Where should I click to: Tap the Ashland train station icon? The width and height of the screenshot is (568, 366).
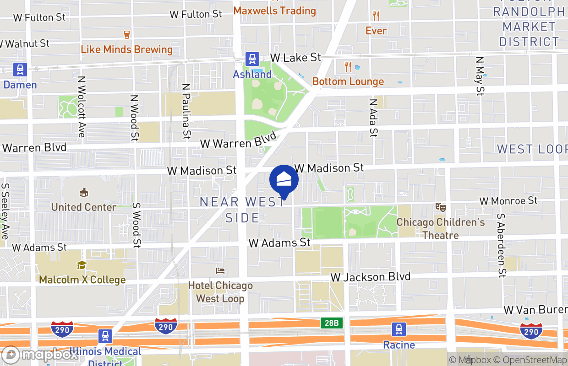coord(252,59)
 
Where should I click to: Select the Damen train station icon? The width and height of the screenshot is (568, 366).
coord(20,70)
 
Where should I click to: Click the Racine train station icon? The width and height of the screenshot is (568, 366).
coord(399,329)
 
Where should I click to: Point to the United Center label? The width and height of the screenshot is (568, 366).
coord(84,207)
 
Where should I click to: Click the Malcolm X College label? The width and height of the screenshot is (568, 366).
coord(82,280)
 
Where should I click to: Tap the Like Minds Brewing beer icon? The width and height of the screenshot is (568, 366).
coord(127,34)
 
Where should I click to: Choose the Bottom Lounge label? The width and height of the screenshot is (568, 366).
coord(348,81)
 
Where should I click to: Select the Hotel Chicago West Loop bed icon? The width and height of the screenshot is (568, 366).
coord(220,271)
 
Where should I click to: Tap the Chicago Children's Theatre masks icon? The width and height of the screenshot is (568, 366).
coord(441,207)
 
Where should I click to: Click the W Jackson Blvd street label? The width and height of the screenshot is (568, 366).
coord(371,277)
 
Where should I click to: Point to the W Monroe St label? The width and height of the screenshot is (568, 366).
coord(508,201)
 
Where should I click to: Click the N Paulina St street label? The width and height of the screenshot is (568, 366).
coord(186,111)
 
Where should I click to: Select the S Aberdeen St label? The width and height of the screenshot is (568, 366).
coord(502,245)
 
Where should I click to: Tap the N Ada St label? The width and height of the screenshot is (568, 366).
coord(374,118)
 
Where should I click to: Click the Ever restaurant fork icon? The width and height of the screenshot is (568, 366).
coord(376,16)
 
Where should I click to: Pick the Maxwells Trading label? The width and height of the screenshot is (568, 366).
coord(275,10)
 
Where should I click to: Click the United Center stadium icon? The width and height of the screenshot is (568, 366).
coord(84,193)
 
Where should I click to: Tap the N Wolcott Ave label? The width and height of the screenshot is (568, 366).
coord(81,106)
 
